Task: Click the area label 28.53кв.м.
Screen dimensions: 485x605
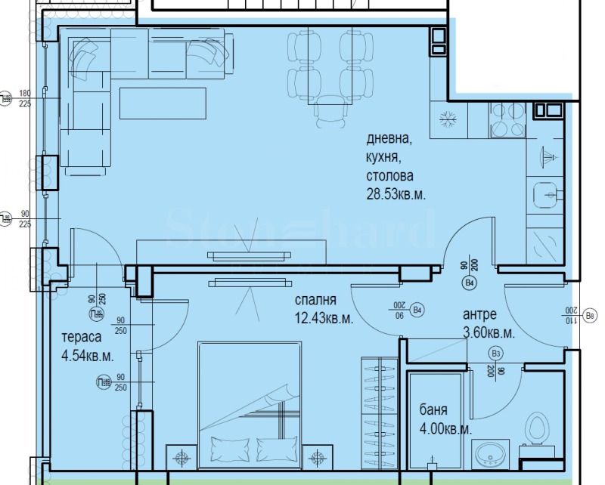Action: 396,194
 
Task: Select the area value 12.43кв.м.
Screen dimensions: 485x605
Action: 324,319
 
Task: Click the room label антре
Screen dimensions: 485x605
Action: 479,315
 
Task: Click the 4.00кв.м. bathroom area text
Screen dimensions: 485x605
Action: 445,428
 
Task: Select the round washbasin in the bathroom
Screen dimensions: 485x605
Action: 492,456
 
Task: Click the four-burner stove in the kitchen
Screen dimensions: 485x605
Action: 507,120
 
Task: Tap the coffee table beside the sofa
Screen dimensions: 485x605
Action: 162,103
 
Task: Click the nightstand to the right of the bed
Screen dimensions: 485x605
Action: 318,456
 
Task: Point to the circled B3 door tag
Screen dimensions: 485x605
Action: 496,353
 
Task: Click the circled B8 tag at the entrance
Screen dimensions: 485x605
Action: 591,314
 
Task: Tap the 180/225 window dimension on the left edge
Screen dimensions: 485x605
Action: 24,98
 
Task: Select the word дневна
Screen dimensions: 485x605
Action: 389,139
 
